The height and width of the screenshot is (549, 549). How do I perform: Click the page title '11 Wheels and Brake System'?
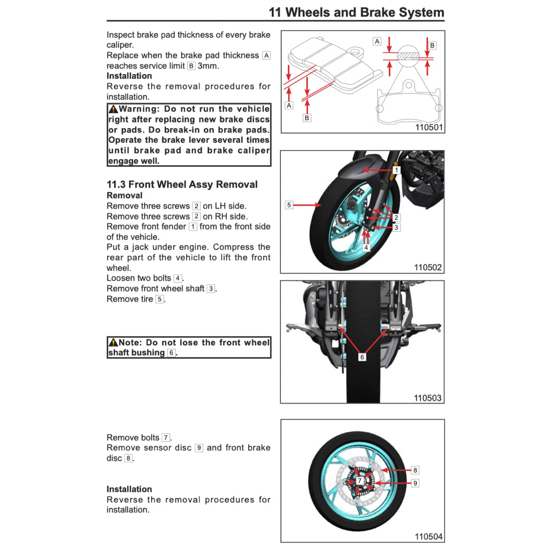click(x=356, y=12)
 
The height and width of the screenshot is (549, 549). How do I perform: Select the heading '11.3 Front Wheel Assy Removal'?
click(x=182, y=184)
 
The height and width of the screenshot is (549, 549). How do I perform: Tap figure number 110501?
click(x=429, y=128)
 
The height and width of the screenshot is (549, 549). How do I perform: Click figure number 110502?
click(x=428, y=267)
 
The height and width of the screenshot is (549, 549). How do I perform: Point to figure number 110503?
click(x=428, y=398)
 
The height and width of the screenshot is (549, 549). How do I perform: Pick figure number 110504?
click(x=428, y=536)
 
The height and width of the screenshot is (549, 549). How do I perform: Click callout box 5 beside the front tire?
click(x=289, y=205)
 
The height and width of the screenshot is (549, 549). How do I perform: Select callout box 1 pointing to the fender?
click(x=396, y=170)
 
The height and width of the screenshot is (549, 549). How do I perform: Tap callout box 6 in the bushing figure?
click(x=362, y=357)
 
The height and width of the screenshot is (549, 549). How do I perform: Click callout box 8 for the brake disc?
click(x=415, y=470)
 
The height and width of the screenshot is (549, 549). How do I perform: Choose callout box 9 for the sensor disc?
click(x=415, y=483)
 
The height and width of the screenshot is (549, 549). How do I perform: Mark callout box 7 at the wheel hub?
click(x=359, y=481)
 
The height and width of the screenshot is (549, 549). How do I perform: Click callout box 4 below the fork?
click(x=366, y=248)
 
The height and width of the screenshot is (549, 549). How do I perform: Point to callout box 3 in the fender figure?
click(x=396, y=227)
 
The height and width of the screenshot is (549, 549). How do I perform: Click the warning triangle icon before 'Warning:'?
click(x=113, y=109)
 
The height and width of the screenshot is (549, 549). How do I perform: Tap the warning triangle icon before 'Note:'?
click(x=113, y=343)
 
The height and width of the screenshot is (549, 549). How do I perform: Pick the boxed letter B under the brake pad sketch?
click(x=307, y=118)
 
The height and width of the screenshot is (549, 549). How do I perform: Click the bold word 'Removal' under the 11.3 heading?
click(x=124, y=196)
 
